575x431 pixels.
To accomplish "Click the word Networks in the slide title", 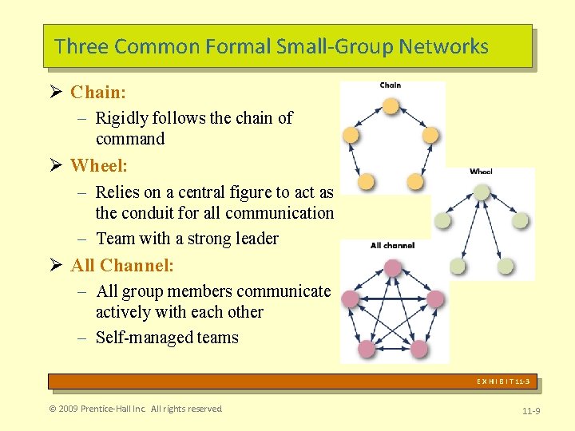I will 447,46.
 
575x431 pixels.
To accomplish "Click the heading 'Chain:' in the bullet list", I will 98,93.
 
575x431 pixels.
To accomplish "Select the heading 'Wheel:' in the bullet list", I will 99,166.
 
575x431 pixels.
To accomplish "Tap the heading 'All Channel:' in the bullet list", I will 122,265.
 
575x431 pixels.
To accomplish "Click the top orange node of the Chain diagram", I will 391,105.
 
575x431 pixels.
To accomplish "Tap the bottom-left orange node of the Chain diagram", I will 366,182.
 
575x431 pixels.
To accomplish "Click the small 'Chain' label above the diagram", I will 391,85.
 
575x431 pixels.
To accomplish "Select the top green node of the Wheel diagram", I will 481,192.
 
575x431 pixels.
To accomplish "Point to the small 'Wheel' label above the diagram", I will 481,172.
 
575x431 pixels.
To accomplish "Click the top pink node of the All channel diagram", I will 392,268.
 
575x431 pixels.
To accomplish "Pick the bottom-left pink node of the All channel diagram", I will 367,349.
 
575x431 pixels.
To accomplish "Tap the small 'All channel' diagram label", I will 392,246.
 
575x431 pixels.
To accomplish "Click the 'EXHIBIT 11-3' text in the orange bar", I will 503,382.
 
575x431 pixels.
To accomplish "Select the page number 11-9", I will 530,410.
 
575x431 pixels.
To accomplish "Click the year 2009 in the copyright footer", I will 68,409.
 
